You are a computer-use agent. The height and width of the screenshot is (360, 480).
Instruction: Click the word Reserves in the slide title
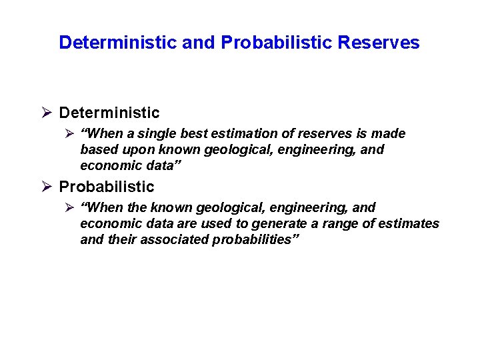coord(379,43)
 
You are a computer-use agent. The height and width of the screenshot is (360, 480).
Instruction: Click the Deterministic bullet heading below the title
coord(109,113)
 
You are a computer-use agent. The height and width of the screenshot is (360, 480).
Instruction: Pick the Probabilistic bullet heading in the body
coord(107,187)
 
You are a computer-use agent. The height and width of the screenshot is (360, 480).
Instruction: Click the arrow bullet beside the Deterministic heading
coord(46,113)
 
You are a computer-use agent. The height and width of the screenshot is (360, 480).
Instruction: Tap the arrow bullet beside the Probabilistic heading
coord(46,187)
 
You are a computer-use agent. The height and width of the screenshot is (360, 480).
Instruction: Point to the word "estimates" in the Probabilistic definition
coord(408,224)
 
